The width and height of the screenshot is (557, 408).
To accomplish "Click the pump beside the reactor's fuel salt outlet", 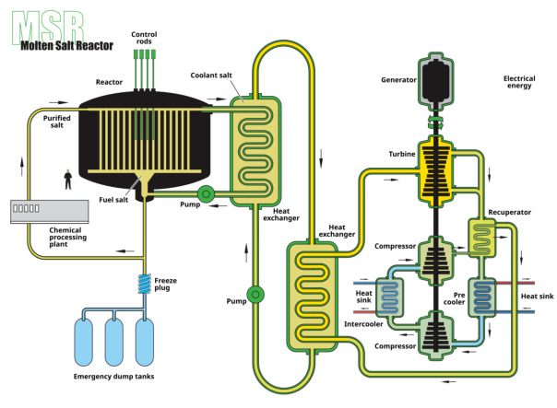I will pos(205,193).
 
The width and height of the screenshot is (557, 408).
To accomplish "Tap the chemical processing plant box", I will pos(45,211).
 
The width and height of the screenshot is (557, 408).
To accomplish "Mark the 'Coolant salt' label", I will pos(215,76).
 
